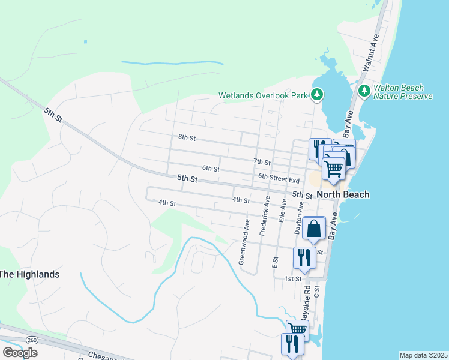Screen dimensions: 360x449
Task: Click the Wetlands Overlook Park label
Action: coord(262,95)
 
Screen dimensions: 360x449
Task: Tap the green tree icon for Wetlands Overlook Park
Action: coord(316,94)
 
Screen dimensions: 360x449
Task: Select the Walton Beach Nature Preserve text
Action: coord(403,92)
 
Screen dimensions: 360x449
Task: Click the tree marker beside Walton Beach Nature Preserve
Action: coord(364,91)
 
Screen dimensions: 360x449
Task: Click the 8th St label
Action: coord(187,137)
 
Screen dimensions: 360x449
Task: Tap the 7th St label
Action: coord(262,162)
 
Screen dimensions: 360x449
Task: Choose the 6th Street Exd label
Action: coord(279,179)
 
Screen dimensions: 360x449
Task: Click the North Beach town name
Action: coord(343,194)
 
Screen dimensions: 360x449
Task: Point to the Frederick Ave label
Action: coord(264,215)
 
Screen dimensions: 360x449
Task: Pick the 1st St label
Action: coord(292,279)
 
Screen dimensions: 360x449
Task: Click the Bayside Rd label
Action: coord(306,304)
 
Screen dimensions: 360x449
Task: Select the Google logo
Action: coord(20,353)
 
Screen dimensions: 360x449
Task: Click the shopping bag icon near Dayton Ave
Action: coord(314,228)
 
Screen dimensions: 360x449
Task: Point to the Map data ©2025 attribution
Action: coord(423,355)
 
